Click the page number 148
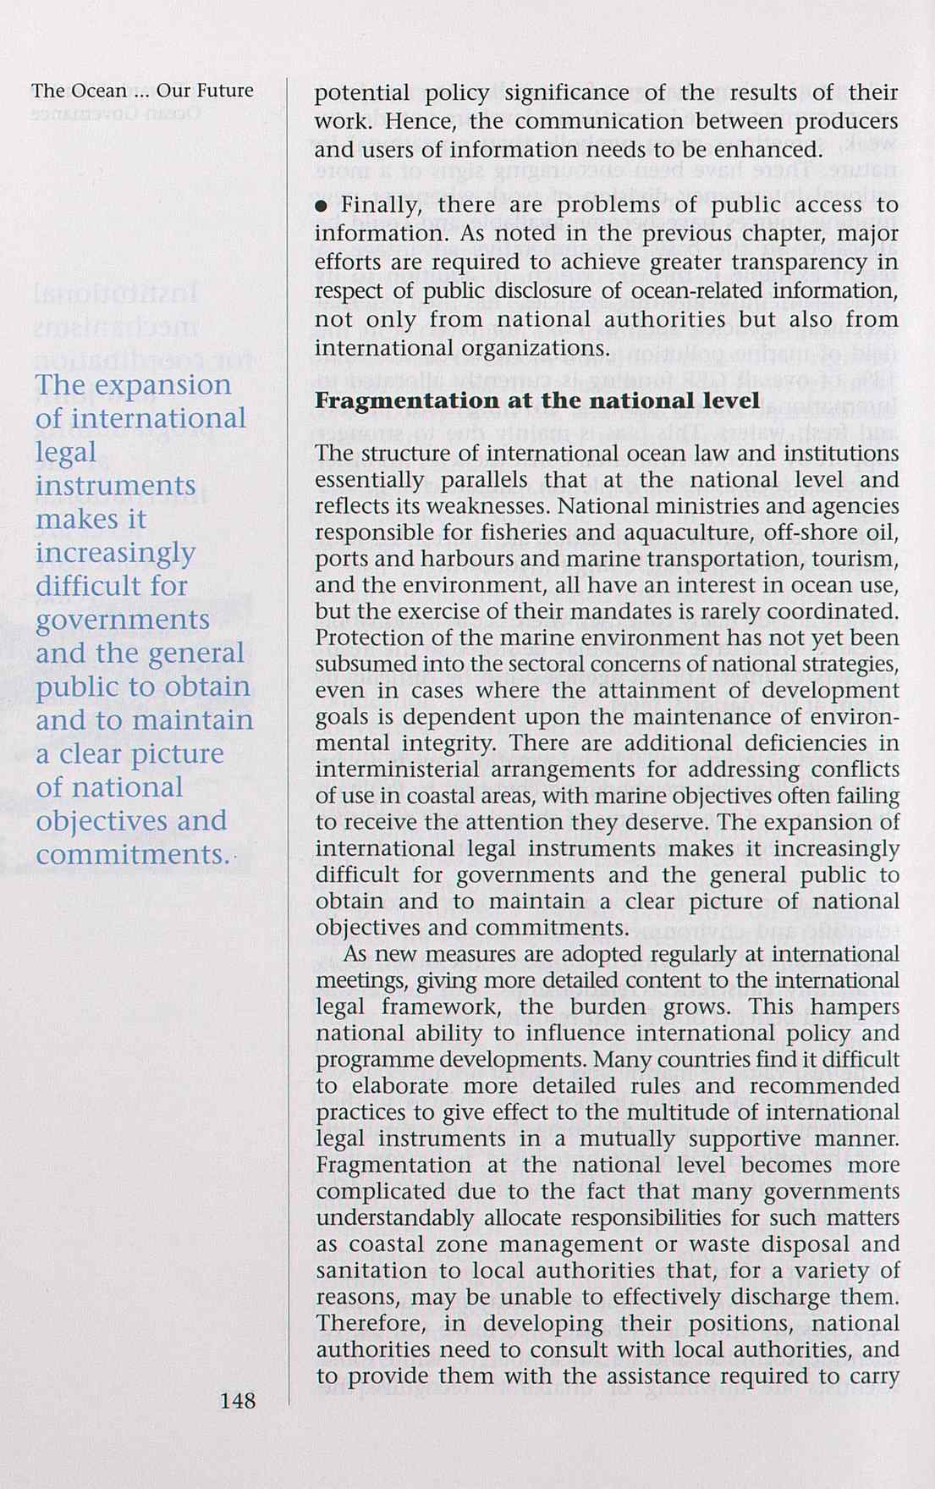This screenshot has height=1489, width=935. click(x=237, y=1400)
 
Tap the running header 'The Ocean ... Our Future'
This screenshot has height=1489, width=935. click(x=142, y=91)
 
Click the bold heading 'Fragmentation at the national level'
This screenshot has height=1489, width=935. click(x=536, y=400)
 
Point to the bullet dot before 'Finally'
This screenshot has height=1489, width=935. click(x=321, y=206)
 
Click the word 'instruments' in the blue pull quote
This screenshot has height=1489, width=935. click(x=115, y=486)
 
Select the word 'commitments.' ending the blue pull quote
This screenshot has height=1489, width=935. click(x=132, y=854)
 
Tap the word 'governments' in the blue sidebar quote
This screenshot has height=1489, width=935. click(x=122, y=620)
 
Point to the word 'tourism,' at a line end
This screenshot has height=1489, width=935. click(x=863, y=560)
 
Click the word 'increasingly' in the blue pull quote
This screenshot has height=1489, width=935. click(x=115, y=553)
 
